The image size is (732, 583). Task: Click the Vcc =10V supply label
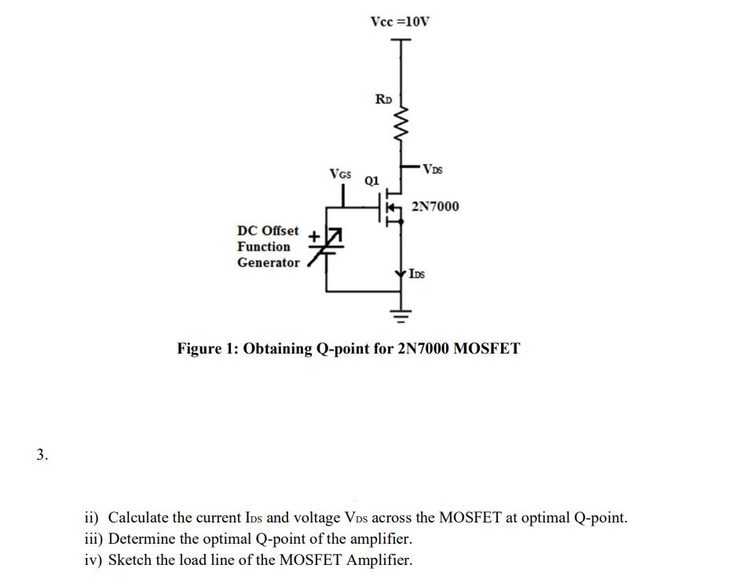click(x=400, y=20)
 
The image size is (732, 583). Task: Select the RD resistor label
click(x=383, y=99)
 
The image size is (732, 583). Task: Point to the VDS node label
click(x=433, y=168)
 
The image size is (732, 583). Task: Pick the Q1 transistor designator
click(x=371, y=180)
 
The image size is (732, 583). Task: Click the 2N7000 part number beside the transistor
click(x=435, y=207)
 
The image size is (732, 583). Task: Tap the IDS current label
click(x=417, y=274)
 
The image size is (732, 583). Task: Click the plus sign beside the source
click(x=313, y=235)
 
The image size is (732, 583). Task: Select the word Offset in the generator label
click(x=280, y=231)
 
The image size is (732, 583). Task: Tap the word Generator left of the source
click(x=269, y=262)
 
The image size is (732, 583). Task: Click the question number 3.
click(x=42, y=453)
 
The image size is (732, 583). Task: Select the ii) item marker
click(x=93, y=518)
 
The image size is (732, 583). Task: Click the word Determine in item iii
click(x=142, y=539)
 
